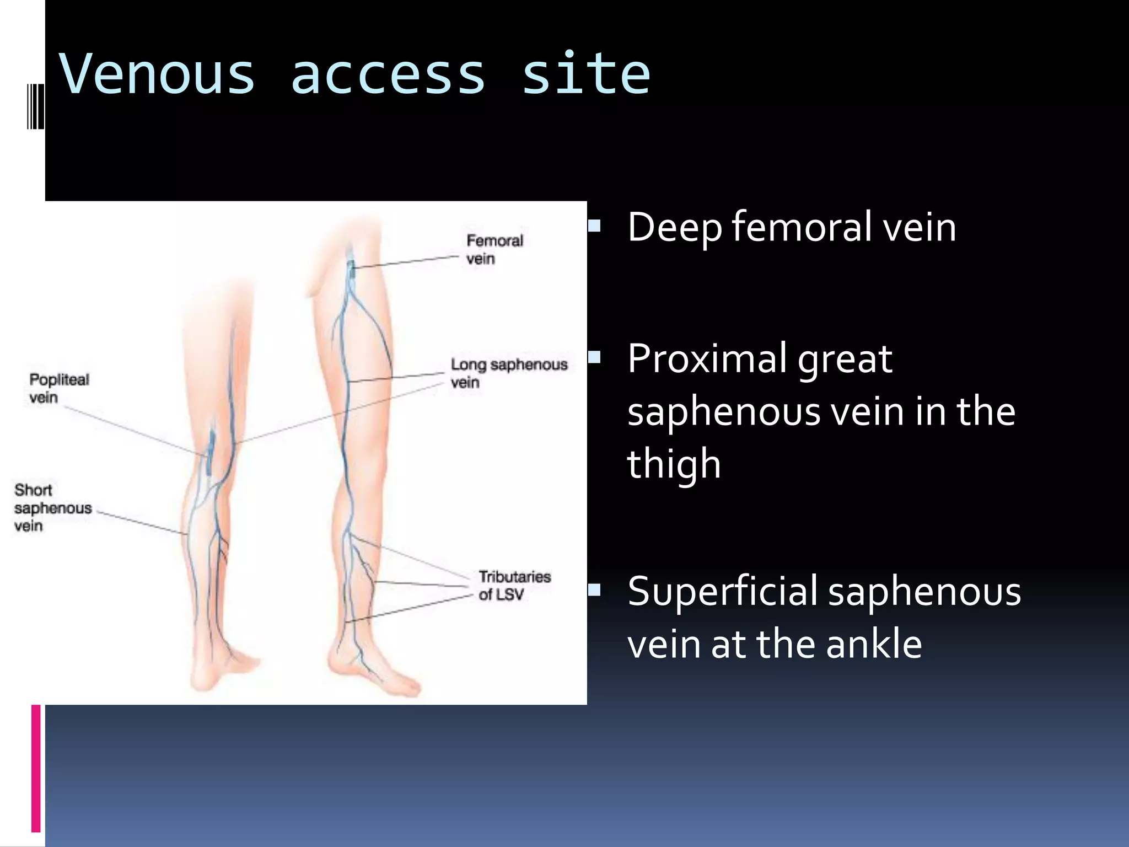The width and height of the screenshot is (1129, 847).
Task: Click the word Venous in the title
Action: tap(158, 74)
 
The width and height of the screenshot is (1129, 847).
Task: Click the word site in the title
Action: tap(586, 74)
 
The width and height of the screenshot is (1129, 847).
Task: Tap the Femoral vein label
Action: tap(494, 249)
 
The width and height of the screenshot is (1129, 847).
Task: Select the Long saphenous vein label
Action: tap(508, 373)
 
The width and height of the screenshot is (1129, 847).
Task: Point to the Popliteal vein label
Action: tap(58, 388)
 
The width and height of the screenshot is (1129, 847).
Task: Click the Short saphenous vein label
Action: tap(52, 507)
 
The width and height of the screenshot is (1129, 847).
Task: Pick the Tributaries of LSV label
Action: tap(514, 585)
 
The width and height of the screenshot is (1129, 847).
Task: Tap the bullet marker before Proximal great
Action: tap(594, 357)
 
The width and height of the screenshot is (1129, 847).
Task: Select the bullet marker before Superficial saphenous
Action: tap(594, 591)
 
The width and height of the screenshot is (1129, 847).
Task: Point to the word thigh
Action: tap(674, 464)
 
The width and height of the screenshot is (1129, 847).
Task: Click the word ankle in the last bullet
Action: tap(873, 644)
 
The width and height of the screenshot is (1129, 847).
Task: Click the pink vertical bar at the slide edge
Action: tap(36, 768)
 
